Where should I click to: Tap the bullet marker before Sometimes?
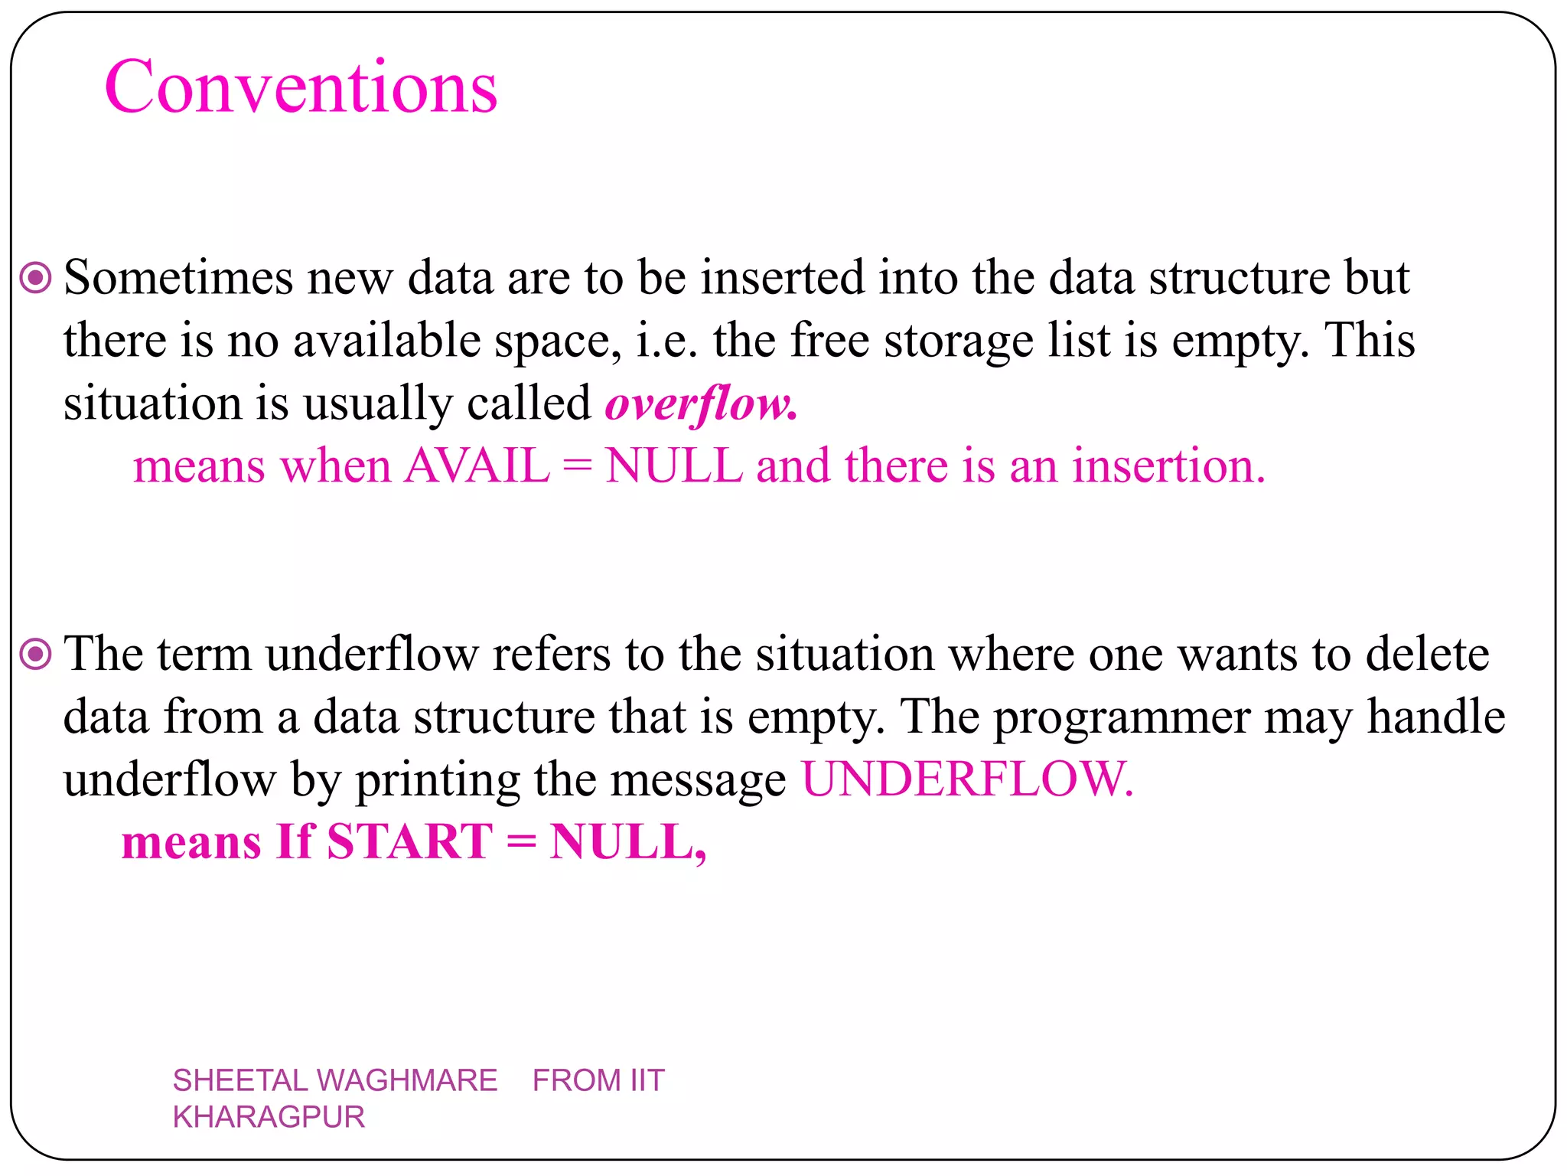[x=35, y=277]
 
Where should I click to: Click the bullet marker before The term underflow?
[x=35, y=655]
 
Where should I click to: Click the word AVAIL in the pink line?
[x=477, y=465]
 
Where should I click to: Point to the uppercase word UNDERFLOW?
[x=966, y=779]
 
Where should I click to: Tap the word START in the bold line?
[x=409, y=841]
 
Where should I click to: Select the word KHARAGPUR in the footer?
[x=269, y=1117]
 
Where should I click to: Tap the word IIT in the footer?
[x=647, y=1080]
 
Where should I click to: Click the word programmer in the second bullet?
[x=1122, y=718]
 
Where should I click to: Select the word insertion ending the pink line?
[x=1168, y=465]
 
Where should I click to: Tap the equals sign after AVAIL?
[x=577, y=467]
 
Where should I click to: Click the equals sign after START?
[x=521, y=843]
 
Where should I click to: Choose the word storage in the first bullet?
[x=959, y=341]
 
